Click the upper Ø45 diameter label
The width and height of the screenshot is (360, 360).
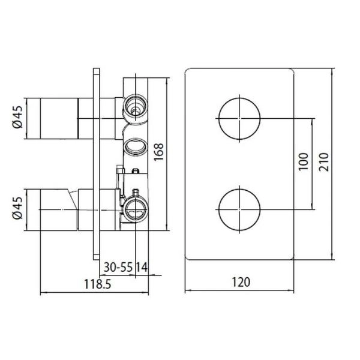(x=17, y=117)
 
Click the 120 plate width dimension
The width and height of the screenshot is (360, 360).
(x=241, y=281)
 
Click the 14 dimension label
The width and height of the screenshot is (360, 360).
(x=142, y=266)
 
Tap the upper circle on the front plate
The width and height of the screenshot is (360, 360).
(x=240, y=117)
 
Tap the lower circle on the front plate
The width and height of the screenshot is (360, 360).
(x=240, y=209)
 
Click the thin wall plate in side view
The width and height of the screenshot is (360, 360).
(x=95, y=162)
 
